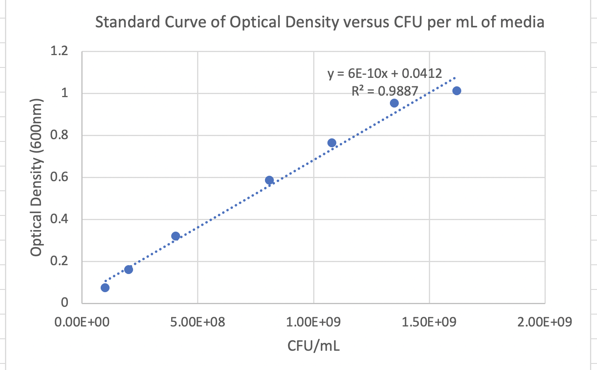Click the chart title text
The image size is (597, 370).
coord(319,22)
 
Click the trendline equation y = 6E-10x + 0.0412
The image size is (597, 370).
coord(385,73)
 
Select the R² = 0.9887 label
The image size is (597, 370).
coord(385,91)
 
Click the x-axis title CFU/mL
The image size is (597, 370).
coord(313,346)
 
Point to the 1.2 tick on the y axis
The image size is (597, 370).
coord(59,51)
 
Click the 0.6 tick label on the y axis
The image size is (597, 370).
coord(59,177)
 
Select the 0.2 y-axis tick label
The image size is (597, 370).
coord(59,261)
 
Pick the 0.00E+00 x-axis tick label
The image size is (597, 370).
coord(82,322)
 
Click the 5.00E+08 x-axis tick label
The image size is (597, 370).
coord(197,322)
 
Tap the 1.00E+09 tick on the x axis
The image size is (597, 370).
coord(313,322)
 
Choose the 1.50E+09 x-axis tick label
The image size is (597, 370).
coord(429,322)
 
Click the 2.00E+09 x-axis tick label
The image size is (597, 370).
coord(545,322)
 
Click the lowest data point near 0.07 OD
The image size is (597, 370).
coord(105,288)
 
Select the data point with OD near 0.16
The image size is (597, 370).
coord(128,269)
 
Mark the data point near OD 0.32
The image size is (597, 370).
coord(175,236)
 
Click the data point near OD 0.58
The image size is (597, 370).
coord(269,180)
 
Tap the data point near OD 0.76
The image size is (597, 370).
coord(332,143)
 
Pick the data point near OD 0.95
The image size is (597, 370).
coord(394,103)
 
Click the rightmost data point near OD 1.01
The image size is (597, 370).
coord(457,91)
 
